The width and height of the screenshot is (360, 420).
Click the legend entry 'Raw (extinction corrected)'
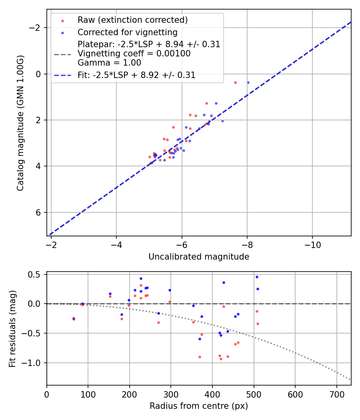click(x=132, y=20)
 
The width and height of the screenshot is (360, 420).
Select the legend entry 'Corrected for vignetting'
click(x=127, y=32)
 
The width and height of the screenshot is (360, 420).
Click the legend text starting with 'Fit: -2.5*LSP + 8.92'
click(x=136, y=75)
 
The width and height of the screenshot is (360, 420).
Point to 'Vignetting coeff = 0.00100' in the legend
click(x=134, y=54)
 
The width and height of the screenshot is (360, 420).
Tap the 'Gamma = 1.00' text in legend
click(x=109, y=62)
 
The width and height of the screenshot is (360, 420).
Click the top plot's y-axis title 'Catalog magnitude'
click(x=20, y=123)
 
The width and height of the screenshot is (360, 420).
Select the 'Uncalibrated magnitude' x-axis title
click(x=199, y=257)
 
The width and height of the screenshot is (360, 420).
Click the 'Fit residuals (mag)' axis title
click(x=12, y=328)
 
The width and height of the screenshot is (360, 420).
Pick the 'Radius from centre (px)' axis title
click(x=199, y=406)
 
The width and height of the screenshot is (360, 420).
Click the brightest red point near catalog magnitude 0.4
click(x=235, y=82)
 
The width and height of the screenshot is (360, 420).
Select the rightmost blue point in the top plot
click(x=248, y=82)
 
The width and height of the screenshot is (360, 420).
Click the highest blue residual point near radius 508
click(x=257, y=277)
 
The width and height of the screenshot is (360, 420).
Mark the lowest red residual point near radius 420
click(x=221, y=359)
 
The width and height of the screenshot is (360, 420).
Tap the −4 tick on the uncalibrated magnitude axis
click(x=116, y=244)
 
